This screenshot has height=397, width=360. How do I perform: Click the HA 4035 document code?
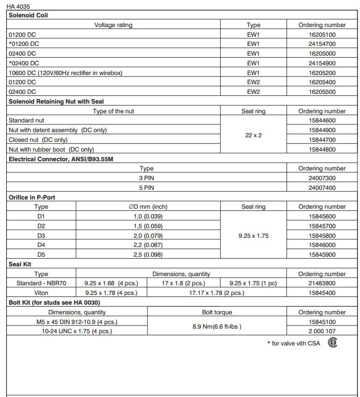click(x=18, y=7)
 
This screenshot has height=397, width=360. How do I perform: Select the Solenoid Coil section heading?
click(x=29, y=15)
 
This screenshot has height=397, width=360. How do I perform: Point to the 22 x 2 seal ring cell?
click(x=253, y=135)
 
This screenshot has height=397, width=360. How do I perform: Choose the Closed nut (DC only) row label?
click(x=38, y=140)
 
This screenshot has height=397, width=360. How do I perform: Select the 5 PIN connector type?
click(x=147, y=188)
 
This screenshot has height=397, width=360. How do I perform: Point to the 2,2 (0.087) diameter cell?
click(x=148, y=245)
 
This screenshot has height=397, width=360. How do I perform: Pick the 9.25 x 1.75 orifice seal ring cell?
click(x=253, y=236)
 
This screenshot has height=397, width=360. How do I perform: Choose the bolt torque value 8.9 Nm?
click(x=217, y=326)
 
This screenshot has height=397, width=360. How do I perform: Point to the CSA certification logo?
click(x=332, y=342)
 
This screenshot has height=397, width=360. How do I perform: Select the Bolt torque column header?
click(x=217, y=312)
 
